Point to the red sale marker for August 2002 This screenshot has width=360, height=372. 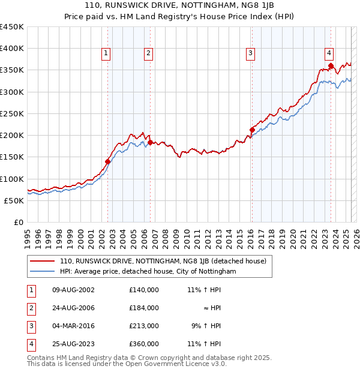click(x=108, y=161)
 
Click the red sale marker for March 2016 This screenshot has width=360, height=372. click(x=252, y=130)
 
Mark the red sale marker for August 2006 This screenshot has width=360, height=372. click(x=151, y=142)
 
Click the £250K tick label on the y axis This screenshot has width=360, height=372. click(x=12, y=113)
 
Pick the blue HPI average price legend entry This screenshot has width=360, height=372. click(x=148, y=271)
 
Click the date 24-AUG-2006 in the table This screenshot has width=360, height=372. click(x=74, y=308)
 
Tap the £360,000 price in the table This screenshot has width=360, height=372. click(x=144, y=344)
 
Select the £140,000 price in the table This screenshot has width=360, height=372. click(x=144, y=290)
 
